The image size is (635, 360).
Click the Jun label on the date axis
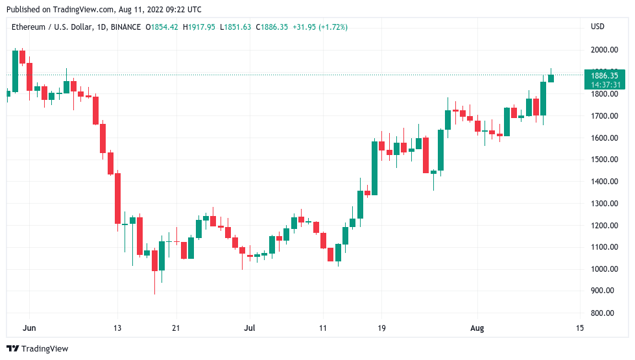29,328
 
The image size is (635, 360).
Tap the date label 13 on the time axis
117,328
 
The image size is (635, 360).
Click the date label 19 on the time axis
381,328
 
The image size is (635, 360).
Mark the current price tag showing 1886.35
605,75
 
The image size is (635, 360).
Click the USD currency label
597,27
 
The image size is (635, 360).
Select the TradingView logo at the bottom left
38,348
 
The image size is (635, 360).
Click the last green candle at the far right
551,78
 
